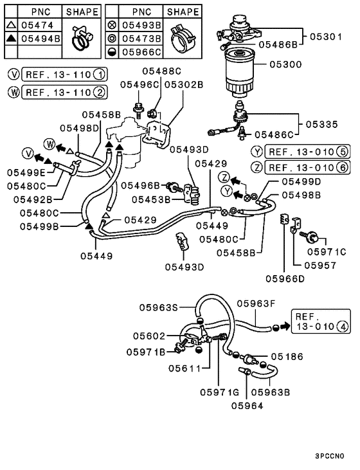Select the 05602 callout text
point(149,336)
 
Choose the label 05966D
point(285,278)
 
